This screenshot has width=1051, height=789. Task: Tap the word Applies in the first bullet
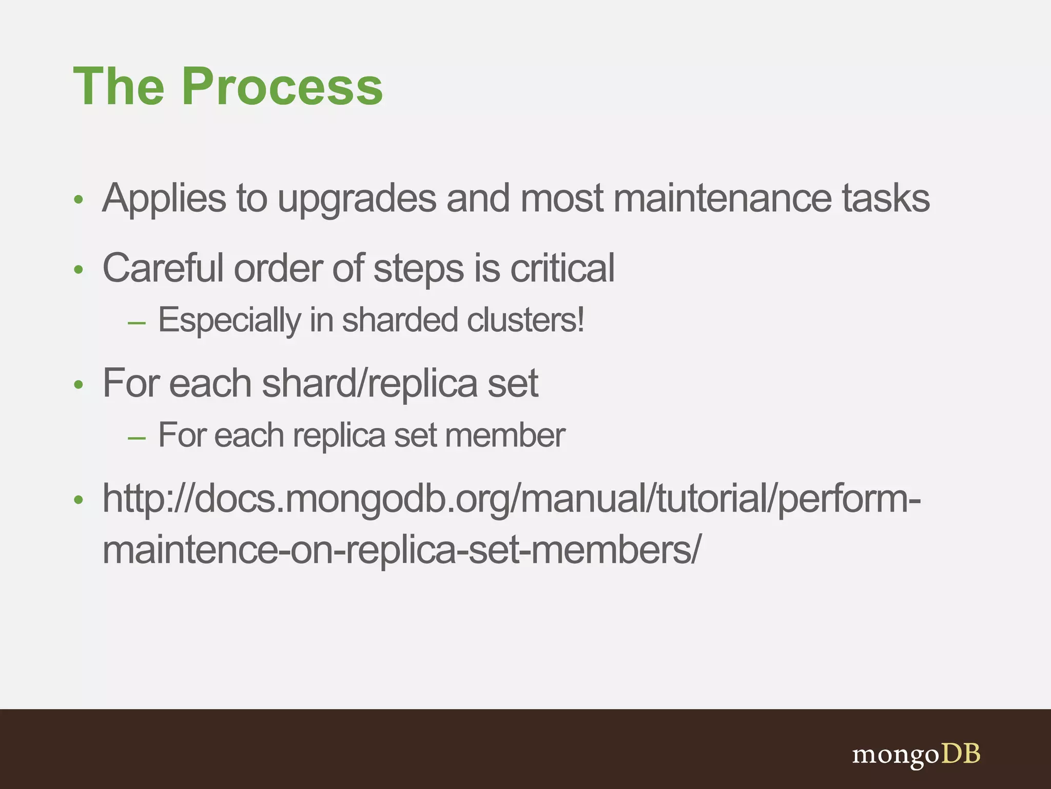(x=164, y=199)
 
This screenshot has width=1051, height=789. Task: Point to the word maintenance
(x=722, y=199)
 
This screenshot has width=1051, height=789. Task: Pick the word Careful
(x=163, y=268)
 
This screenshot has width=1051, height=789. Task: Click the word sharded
(x=400, y=320)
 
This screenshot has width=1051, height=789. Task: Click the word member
(x=505, y=436)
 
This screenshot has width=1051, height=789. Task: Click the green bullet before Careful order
(x=78, y=270)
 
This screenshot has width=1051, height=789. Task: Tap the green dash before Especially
(x=137, y=323)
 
